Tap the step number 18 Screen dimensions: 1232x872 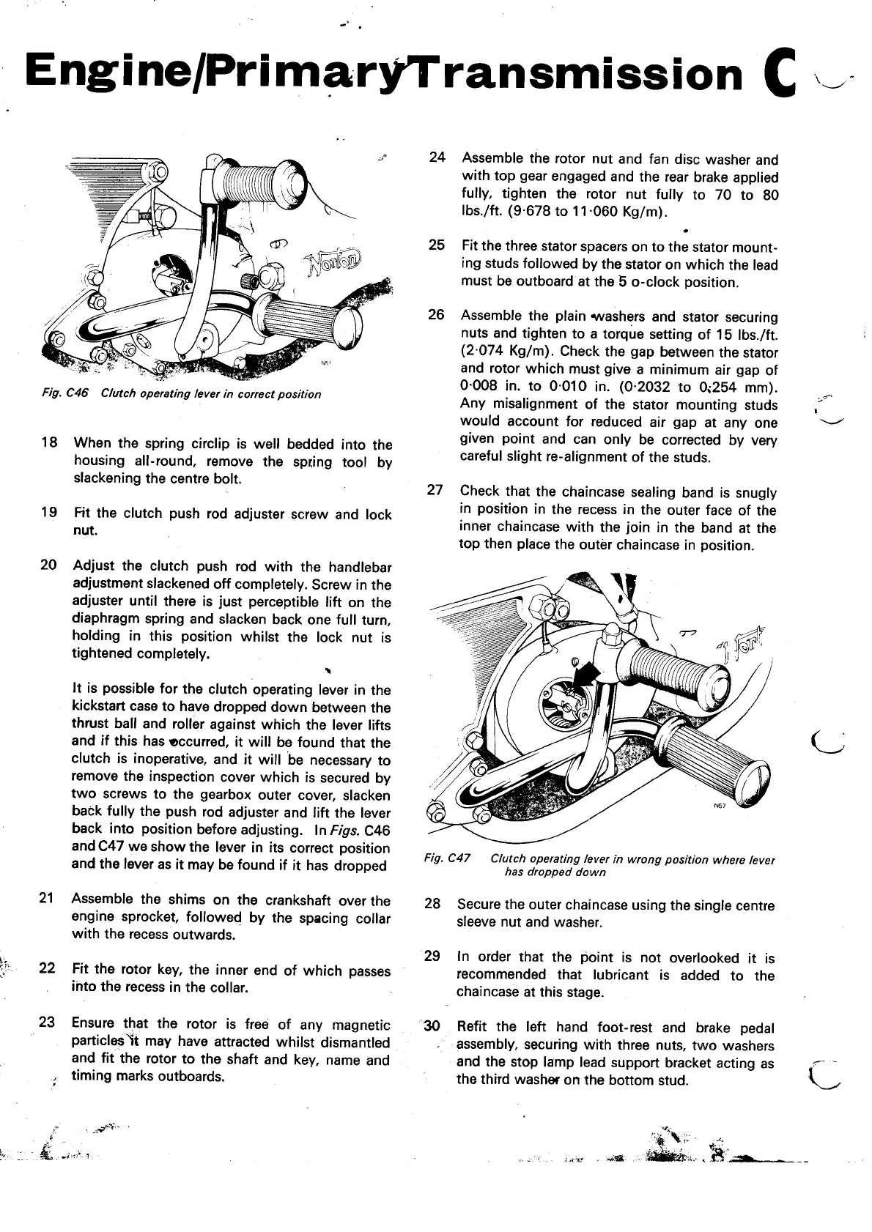pyautogui.click(x=48, y=443)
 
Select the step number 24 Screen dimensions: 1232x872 pyautogui.click(x=437, y=157)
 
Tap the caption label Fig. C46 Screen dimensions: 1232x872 pyautogui.click(x=64, y=394)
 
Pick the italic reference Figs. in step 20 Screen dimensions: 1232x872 pyautogui.click(x=344, y=831)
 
